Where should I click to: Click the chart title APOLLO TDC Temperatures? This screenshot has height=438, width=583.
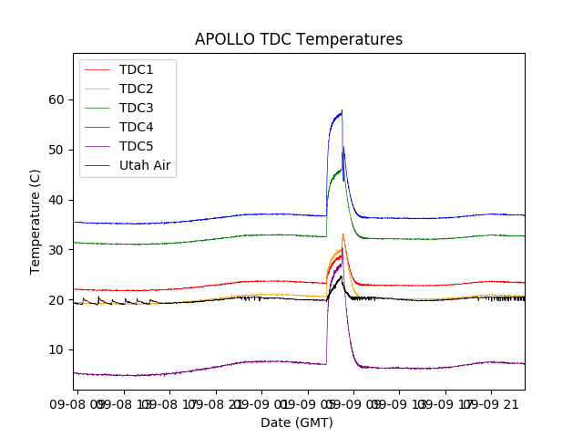click(x=299, y=39)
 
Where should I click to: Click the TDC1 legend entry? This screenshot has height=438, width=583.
click(x=136, y=69)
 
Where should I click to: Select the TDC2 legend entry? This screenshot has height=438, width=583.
click(x=136, y=89)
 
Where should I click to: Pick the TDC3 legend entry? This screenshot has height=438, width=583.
click(x=136, y=108)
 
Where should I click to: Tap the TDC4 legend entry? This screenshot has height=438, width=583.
click(x=136, y=127)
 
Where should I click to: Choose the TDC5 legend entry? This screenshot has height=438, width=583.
click(x=136, y=146)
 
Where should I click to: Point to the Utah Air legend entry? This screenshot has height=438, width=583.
click(x=145, y=165)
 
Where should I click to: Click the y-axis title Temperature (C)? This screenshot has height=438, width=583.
click(x=36, y=222)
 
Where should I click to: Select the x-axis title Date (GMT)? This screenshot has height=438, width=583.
click(x=297, y=422)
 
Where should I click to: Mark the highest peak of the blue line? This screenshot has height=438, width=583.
click(x=342, y=111)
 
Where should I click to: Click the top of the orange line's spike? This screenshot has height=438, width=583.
click(x=343, y=234)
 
